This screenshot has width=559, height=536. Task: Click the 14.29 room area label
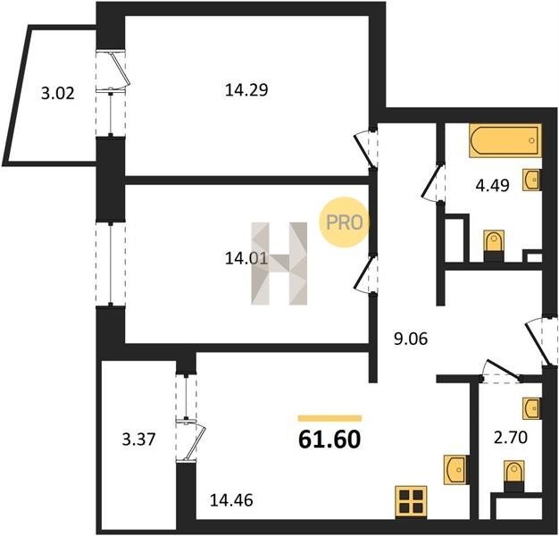[x=246, y=90]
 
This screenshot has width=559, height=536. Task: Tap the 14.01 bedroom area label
[x=246, y=258]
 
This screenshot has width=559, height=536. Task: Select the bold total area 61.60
[x=330, y=440]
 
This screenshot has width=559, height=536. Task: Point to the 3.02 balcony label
[x=58, y=94]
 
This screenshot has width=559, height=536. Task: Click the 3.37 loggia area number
[x=138, y=439]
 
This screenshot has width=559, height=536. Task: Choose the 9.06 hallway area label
[x=411, y=339]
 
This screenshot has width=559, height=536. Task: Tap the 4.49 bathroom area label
[x=492, y=186]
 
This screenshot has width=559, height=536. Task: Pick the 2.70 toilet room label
[x=511, y=438]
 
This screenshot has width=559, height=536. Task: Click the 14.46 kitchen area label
[x=231, y=500]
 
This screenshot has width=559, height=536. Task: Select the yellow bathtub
[x=505, y=140]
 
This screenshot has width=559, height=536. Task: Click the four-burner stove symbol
[x=411, y=501]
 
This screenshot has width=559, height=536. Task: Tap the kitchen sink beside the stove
[x=455, y=470]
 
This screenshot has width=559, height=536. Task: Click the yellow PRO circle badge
[x=344, y=222]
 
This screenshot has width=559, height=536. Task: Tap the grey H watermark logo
[x=279, y=264]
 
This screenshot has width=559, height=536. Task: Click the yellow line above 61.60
[x=330, y=418]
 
